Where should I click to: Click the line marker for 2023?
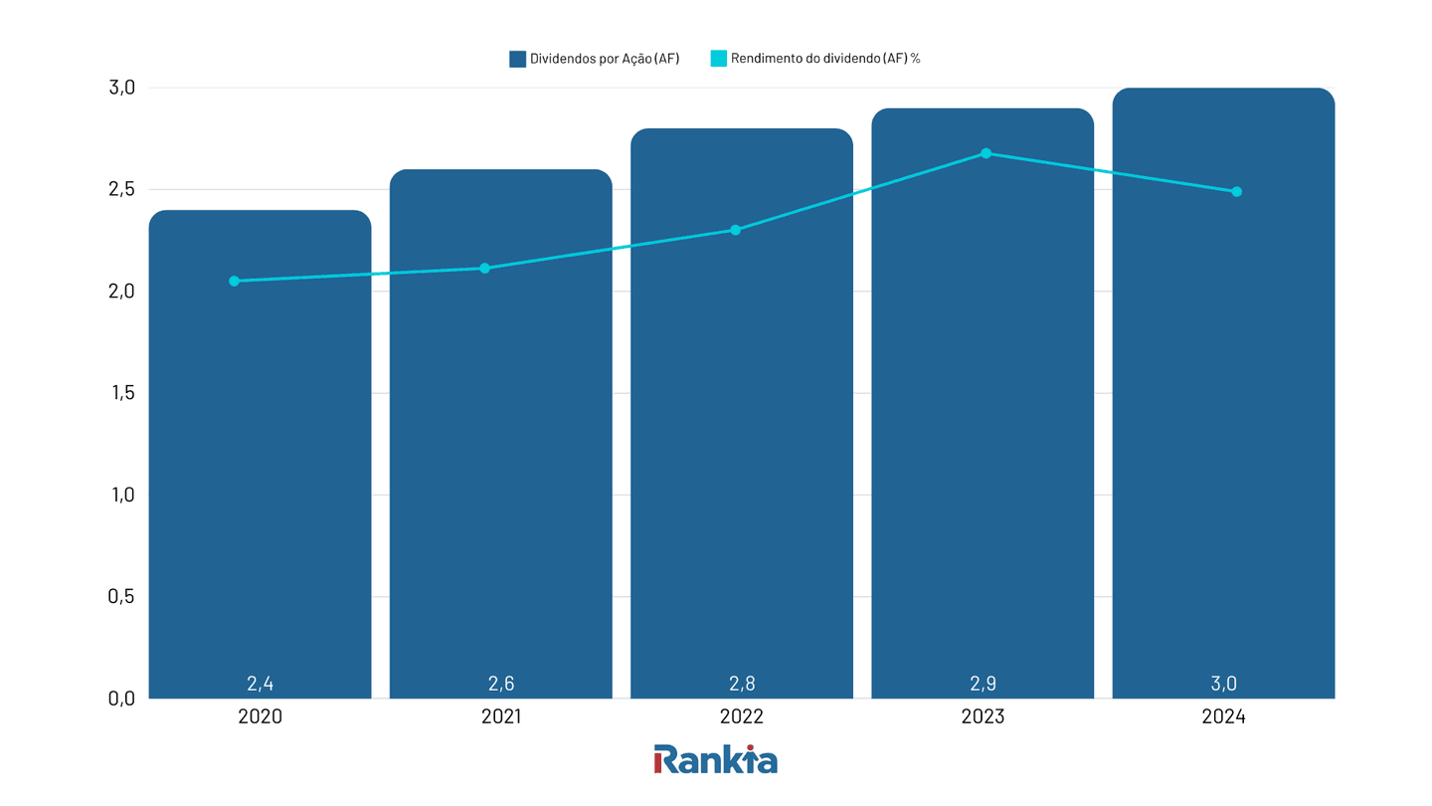[985, 153]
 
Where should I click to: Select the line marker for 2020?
[234, 281]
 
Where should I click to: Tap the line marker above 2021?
[484, 268]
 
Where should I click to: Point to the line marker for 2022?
[735, 230]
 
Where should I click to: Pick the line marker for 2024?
[1236, 191]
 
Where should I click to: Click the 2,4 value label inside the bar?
[260, 684]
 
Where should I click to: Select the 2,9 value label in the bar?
[983, 684]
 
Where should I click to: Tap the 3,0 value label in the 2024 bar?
[1223, 684]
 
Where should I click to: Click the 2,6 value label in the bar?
[501, 684]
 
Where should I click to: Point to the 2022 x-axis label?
[742, 716]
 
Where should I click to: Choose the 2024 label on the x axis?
[1223, 716]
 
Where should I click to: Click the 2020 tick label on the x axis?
[260, 716]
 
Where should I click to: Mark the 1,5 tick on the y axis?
[120, 393]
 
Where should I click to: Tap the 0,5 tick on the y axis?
[120, 596]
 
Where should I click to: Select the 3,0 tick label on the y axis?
[120, 88]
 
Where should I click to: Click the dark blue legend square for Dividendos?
[517, 59]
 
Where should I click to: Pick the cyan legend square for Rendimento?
[718, 59]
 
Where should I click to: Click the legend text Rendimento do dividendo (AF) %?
[825, 59]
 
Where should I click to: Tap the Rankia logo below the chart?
[715, 759]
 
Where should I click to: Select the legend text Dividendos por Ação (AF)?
[605, 59]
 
